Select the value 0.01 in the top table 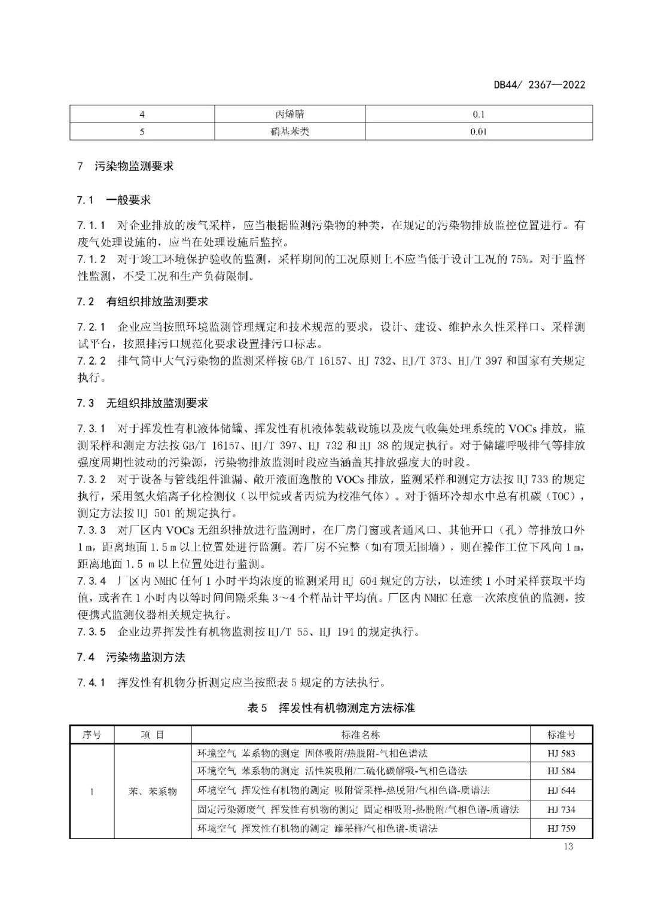pos(478,132)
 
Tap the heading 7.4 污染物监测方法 pos(131,657)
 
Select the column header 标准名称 pos(361,735)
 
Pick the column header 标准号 pos(560,735)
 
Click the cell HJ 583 pos(560,753)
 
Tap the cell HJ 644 pos(560,790)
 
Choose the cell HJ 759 pos(560,829)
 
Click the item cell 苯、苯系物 pos(153,791)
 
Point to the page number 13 pos(568,846)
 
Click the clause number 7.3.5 pos(92,631)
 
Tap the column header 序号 pos(92,735)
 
